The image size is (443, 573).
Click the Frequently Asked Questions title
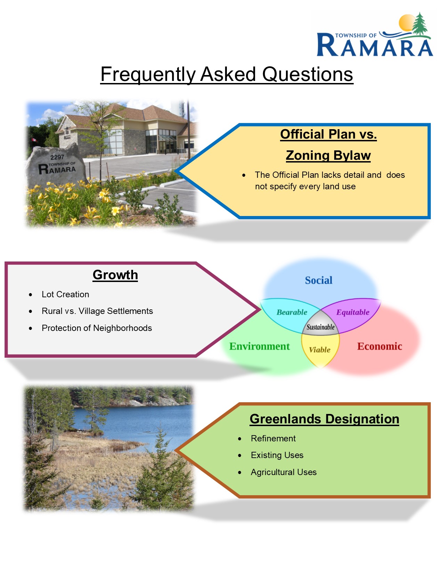coord(227,75)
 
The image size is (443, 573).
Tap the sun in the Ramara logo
coord(407,23)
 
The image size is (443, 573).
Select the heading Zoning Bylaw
coord(328,156)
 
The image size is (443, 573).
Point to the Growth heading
coord(115,275)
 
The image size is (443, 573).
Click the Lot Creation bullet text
coord(65,294)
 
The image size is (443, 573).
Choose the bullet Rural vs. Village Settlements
coord(97,311)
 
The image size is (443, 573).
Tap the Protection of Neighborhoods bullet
coord(97,328)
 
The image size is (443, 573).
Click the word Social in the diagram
coord(319,280)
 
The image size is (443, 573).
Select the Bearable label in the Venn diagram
coord(292,312)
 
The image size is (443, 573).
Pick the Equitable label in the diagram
coord(353,313)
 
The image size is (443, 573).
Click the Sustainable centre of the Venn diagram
coord(320,327)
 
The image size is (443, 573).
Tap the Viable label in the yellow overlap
coord(320,350)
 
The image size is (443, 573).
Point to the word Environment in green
coord(259,347)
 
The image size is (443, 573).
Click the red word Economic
coord(379,347)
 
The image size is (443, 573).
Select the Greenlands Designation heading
coord(324,419)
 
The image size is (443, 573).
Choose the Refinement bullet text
coord(273,439)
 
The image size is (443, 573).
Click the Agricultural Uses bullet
coord(284,472)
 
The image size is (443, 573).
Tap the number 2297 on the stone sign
coord(57,157)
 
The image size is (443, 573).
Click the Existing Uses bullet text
coord(277,455)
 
